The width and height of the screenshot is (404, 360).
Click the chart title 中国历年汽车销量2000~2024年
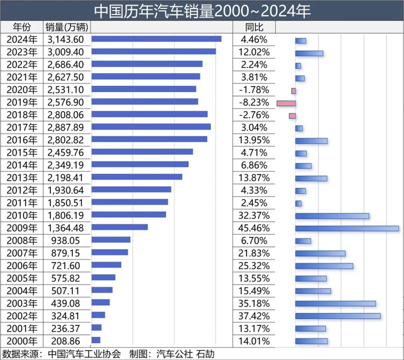tap(202, 11)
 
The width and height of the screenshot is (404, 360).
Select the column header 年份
tap(22, 27)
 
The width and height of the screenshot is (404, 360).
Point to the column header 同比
tap(254, 27)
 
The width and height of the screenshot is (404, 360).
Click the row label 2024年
tap(22, 39)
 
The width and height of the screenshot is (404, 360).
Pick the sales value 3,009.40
tap(67, 52)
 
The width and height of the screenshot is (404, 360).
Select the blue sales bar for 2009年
tap(120, 227)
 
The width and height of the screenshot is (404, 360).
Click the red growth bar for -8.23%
tap(286, 103)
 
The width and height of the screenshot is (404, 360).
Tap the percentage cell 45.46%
tap(254, 228)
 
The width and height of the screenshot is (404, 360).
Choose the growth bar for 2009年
tap(347, 228)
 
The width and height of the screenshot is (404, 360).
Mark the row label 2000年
tap(22, 340)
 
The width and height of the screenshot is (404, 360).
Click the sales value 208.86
tap(67, 340)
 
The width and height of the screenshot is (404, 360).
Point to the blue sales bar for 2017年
tap(151, 127)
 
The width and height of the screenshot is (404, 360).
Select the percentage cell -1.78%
tap(254, 90)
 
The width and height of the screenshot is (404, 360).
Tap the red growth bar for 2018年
tap(292, 116)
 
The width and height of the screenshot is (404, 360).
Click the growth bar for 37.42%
tap(337, 316)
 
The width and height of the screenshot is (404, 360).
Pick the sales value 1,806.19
tap(67, 215)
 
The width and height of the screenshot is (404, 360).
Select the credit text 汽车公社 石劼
tap(185, 354)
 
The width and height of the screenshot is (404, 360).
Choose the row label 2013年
tap(22, 177)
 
